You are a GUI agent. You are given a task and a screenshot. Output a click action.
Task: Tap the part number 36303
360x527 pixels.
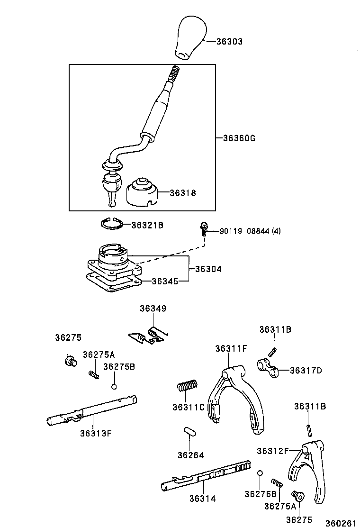229,42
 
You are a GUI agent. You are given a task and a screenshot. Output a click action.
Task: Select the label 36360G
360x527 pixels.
239,138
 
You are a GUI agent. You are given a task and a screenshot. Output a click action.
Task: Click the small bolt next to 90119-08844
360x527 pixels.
204,230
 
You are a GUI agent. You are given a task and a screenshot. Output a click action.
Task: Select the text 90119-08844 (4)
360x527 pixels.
250,231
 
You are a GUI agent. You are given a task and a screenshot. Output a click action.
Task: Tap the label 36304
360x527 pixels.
208,269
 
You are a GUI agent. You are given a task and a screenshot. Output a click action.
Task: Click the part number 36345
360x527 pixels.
165,281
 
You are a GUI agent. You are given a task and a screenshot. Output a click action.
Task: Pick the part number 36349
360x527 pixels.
153,309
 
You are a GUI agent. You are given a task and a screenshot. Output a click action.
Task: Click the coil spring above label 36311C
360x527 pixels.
188,386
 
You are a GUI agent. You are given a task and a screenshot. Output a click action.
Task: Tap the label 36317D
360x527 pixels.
306,370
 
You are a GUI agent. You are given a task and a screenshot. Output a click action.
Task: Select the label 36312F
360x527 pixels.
272,451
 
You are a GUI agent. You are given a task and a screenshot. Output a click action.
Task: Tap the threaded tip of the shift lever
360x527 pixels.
174,74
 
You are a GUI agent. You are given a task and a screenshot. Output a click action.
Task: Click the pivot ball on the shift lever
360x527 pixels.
111,182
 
